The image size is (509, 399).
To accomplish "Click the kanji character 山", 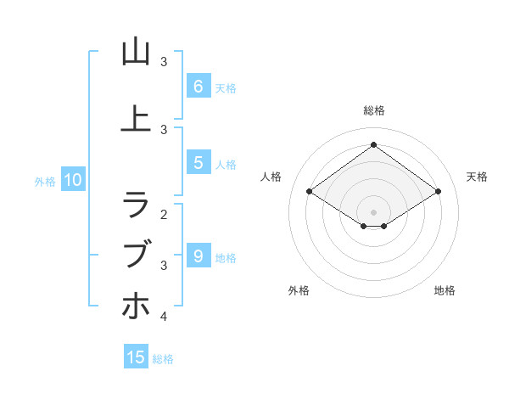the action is pos(136,52).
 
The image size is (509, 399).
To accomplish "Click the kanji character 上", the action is pos(136,120).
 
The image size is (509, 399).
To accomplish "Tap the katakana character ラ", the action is pos(136,204).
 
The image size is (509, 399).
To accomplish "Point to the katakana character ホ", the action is pos(136,306).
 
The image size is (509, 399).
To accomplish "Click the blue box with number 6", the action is pos(198,86).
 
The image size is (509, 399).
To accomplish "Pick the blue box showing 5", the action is pos(198,164).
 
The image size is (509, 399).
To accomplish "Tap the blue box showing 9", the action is pos(198,255).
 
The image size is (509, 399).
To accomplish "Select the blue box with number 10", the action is pos(72,179).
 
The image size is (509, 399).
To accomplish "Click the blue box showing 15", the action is pos(136,357).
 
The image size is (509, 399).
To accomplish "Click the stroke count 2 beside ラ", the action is pos(164,214).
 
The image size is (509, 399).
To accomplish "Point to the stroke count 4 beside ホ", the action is pos(164,317).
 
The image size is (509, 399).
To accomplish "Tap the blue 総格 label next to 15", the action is pos(163,359).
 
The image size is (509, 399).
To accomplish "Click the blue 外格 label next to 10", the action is pos(45,181).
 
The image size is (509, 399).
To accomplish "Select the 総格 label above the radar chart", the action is pos(373,110).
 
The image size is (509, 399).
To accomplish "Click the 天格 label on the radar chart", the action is pos(478,177).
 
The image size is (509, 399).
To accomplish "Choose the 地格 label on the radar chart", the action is pos(445,290).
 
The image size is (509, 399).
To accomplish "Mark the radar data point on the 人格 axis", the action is pos(309,192).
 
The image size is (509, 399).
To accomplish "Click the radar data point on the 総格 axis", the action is pos(373,144).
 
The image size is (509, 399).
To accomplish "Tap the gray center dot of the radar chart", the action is pos(373,211).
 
